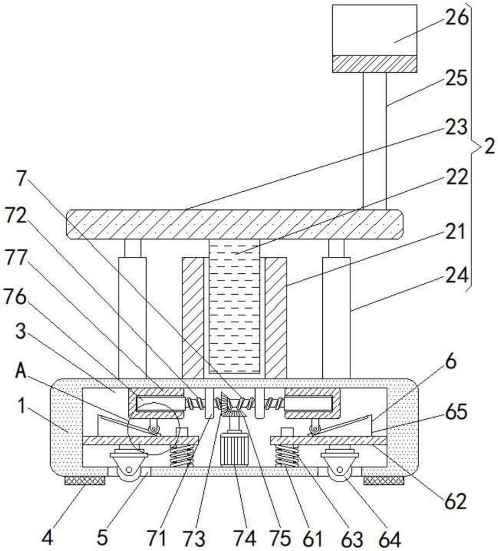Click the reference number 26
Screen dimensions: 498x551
457,17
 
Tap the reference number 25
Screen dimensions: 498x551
457,78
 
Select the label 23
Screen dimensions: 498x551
457,127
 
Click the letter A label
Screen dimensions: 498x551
21,371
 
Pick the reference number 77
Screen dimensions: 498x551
16,258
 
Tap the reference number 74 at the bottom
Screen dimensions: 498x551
245,538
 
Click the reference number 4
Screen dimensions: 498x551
48,538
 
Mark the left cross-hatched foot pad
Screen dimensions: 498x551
85,480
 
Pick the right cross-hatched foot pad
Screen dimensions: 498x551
383,480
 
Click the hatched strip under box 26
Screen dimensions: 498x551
375,63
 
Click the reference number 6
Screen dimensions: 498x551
451,361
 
